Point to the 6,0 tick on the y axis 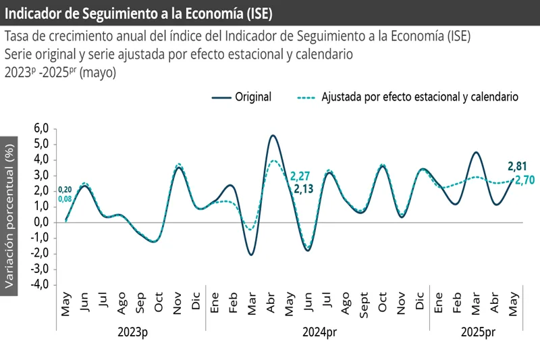pyautogui.click(x=41, y=128)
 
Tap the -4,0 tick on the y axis pyautogui.click(x=40, y=284)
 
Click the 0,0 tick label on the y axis pyautogui.click(x=41, y=222)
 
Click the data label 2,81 pyautogui.click(x=517, y=166)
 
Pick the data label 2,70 pyautogui.click(x=525, y=180)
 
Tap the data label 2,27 pyautogui.click(x=300, y=176)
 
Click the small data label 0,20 pyautogui.click(x=65, y=190)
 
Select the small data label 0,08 pyautogui.click(x=65, y=199)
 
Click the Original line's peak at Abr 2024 pyautogui.click(x=272, y=136)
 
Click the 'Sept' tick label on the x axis pyautogui.click(x=364, y=306)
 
